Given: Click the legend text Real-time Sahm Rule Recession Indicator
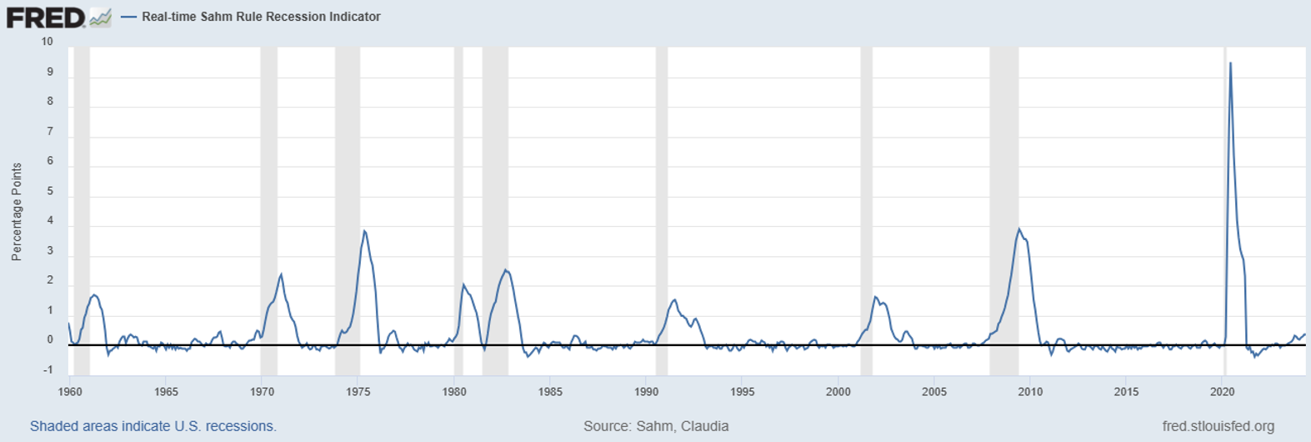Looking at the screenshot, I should tap(261, 17).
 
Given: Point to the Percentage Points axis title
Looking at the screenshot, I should tap(17, 212).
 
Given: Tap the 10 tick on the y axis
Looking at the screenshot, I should tap(47, 42).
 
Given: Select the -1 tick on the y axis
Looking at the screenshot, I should tap(48, 370).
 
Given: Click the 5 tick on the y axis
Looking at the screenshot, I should tap(50, 191).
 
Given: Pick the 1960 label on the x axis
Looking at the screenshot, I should tap(70, 392).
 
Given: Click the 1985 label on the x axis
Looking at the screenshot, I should tap(550, 392).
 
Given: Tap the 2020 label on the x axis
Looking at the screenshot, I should tap(1222, 392).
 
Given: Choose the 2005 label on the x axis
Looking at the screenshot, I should tap(934, 392).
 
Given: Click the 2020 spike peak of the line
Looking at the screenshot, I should tap(1230, 63).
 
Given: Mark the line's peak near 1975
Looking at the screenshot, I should tap(364, 231).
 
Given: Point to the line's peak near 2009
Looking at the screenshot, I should tap(1018, 229).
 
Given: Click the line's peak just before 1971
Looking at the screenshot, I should tap(281, 274).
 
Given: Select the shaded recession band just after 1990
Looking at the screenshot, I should tap(662, 208).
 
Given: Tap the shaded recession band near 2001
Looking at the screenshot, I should tap(867, 208).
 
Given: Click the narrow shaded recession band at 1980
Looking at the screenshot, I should tap(458, 208).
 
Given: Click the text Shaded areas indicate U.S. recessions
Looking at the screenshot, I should tap(153, 426).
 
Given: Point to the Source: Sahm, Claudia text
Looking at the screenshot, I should tap(656, 426).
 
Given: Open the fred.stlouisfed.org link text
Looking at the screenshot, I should tap(1218, 426).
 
